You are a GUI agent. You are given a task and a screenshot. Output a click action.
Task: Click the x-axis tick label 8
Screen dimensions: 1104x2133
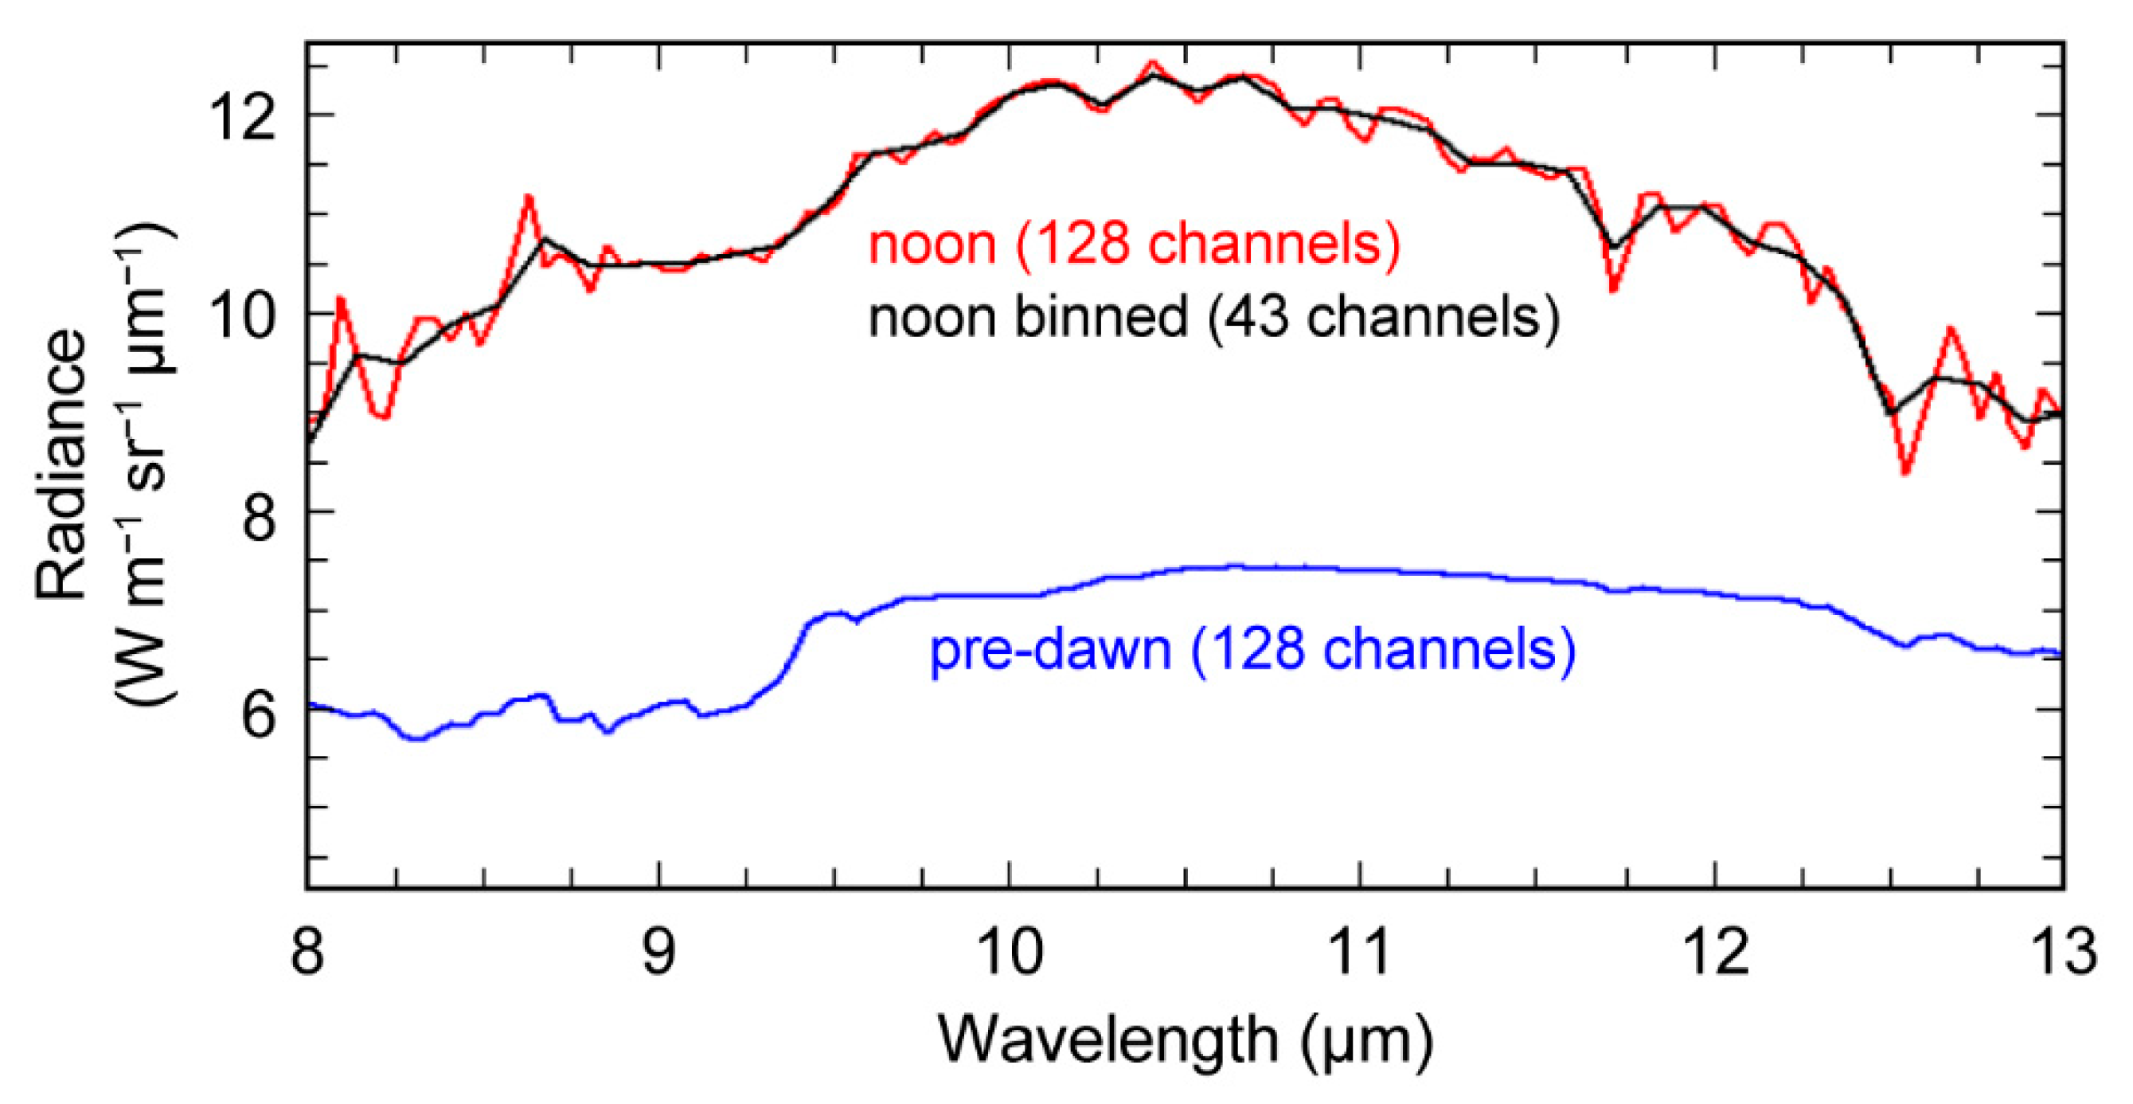point(307,952)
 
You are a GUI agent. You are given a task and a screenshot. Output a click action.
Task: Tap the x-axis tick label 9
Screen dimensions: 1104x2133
point(659,952)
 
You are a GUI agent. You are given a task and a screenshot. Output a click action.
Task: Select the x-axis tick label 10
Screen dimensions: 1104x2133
point(1010,952)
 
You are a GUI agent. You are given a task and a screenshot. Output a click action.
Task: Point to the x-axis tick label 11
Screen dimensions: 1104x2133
point(1361,952)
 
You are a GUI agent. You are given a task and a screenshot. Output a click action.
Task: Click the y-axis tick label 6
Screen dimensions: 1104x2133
point(257,712)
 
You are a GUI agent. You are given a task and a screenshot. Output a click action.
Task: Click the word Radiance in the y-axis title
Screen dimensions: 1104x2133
point(62,464)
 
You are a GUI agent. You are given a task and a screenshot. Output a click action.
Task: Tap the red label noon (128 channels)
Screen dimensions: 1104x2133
point(1135,245)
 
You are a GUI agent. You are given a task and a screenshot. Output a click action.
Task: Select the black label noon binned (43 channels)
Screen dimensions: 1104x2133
point(1214,316)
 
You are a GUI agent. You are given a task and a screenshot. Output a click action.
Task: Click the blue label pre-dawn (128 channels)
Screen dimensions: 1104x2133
point(1252,650)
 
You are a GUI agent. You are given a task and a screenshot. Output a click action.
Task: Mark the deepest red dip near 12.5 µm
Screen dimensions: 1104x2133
point(1906,472)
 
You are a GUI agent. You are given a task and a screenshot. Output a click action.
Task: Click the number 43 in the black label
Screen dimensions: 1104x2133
point(1259,316)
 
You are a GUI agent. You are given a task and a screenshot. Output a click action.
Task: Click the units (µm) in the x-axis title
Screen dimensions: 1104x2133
point(1366,1041)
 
